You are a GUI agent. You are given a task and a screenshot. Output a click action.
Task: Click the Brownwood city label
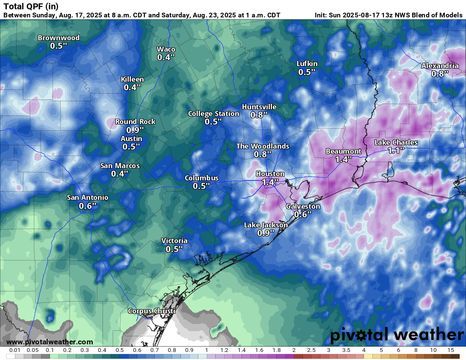58,38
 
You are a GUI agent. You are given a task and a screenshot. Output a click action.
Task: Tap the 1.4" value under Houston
270,182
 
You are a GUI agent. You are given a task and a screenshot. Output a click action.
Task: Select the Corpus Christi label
152,311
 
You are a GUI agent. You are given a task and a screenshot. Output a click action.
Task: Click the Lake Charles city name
396,142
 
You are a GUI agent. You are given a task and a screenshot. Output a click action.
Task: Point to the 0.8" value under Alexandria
440,74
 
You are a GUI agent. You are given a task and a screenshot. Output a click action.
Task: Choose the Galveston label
303,206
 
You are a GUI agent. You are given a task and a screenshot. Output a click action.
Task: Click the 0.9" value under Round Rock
135,130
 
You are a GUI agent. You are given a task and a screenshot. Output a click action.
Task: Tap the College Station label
214,114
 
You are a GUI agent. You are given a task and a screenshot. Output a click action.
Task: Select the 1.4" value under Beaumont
344,160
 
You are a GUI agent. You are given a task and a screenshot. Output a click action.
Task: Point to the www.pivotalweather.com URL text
50,342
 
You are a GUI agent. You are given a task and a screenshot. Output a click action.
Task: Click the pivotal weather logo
397,335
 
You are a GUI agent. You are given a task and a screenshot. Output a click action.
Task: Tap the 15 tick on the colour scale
450,350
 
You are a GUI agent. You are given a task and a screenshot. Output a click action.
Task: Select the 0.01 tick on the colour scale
15,350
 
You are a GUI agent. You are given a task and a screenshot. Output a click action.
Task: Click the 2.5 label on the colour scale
311,350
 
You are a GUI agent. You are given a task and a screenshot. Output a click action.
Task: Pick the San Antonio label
88,197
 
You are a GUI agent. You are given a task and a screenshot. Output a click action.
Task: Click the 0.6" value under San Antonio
88,206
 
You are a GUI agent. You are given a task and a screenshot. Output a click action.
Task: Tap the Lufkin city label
307,64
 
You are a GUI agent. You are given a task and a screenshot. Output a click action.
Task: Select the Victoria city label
174,241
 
